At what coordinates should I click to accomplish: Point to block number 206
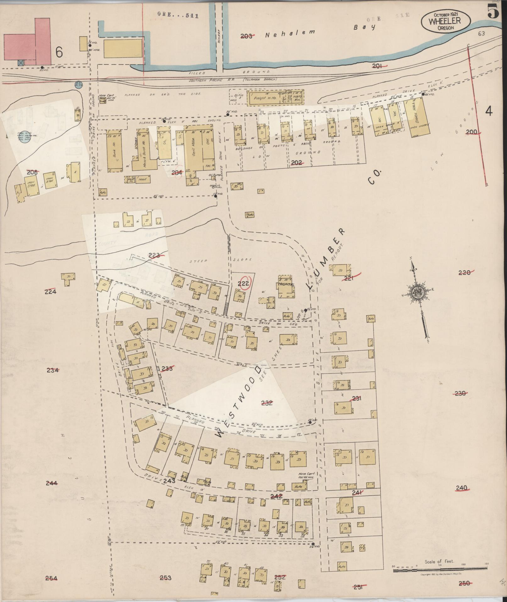click(32, 172)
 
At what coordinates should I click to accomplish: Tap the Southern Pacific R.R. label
click(233, 80)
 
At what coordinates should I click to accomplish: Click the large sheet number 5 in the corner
click(493, 12)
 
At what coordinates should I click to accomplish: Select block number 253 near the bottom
click(166, 577)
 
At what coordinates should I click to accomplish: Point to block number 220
click(465, 273)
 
